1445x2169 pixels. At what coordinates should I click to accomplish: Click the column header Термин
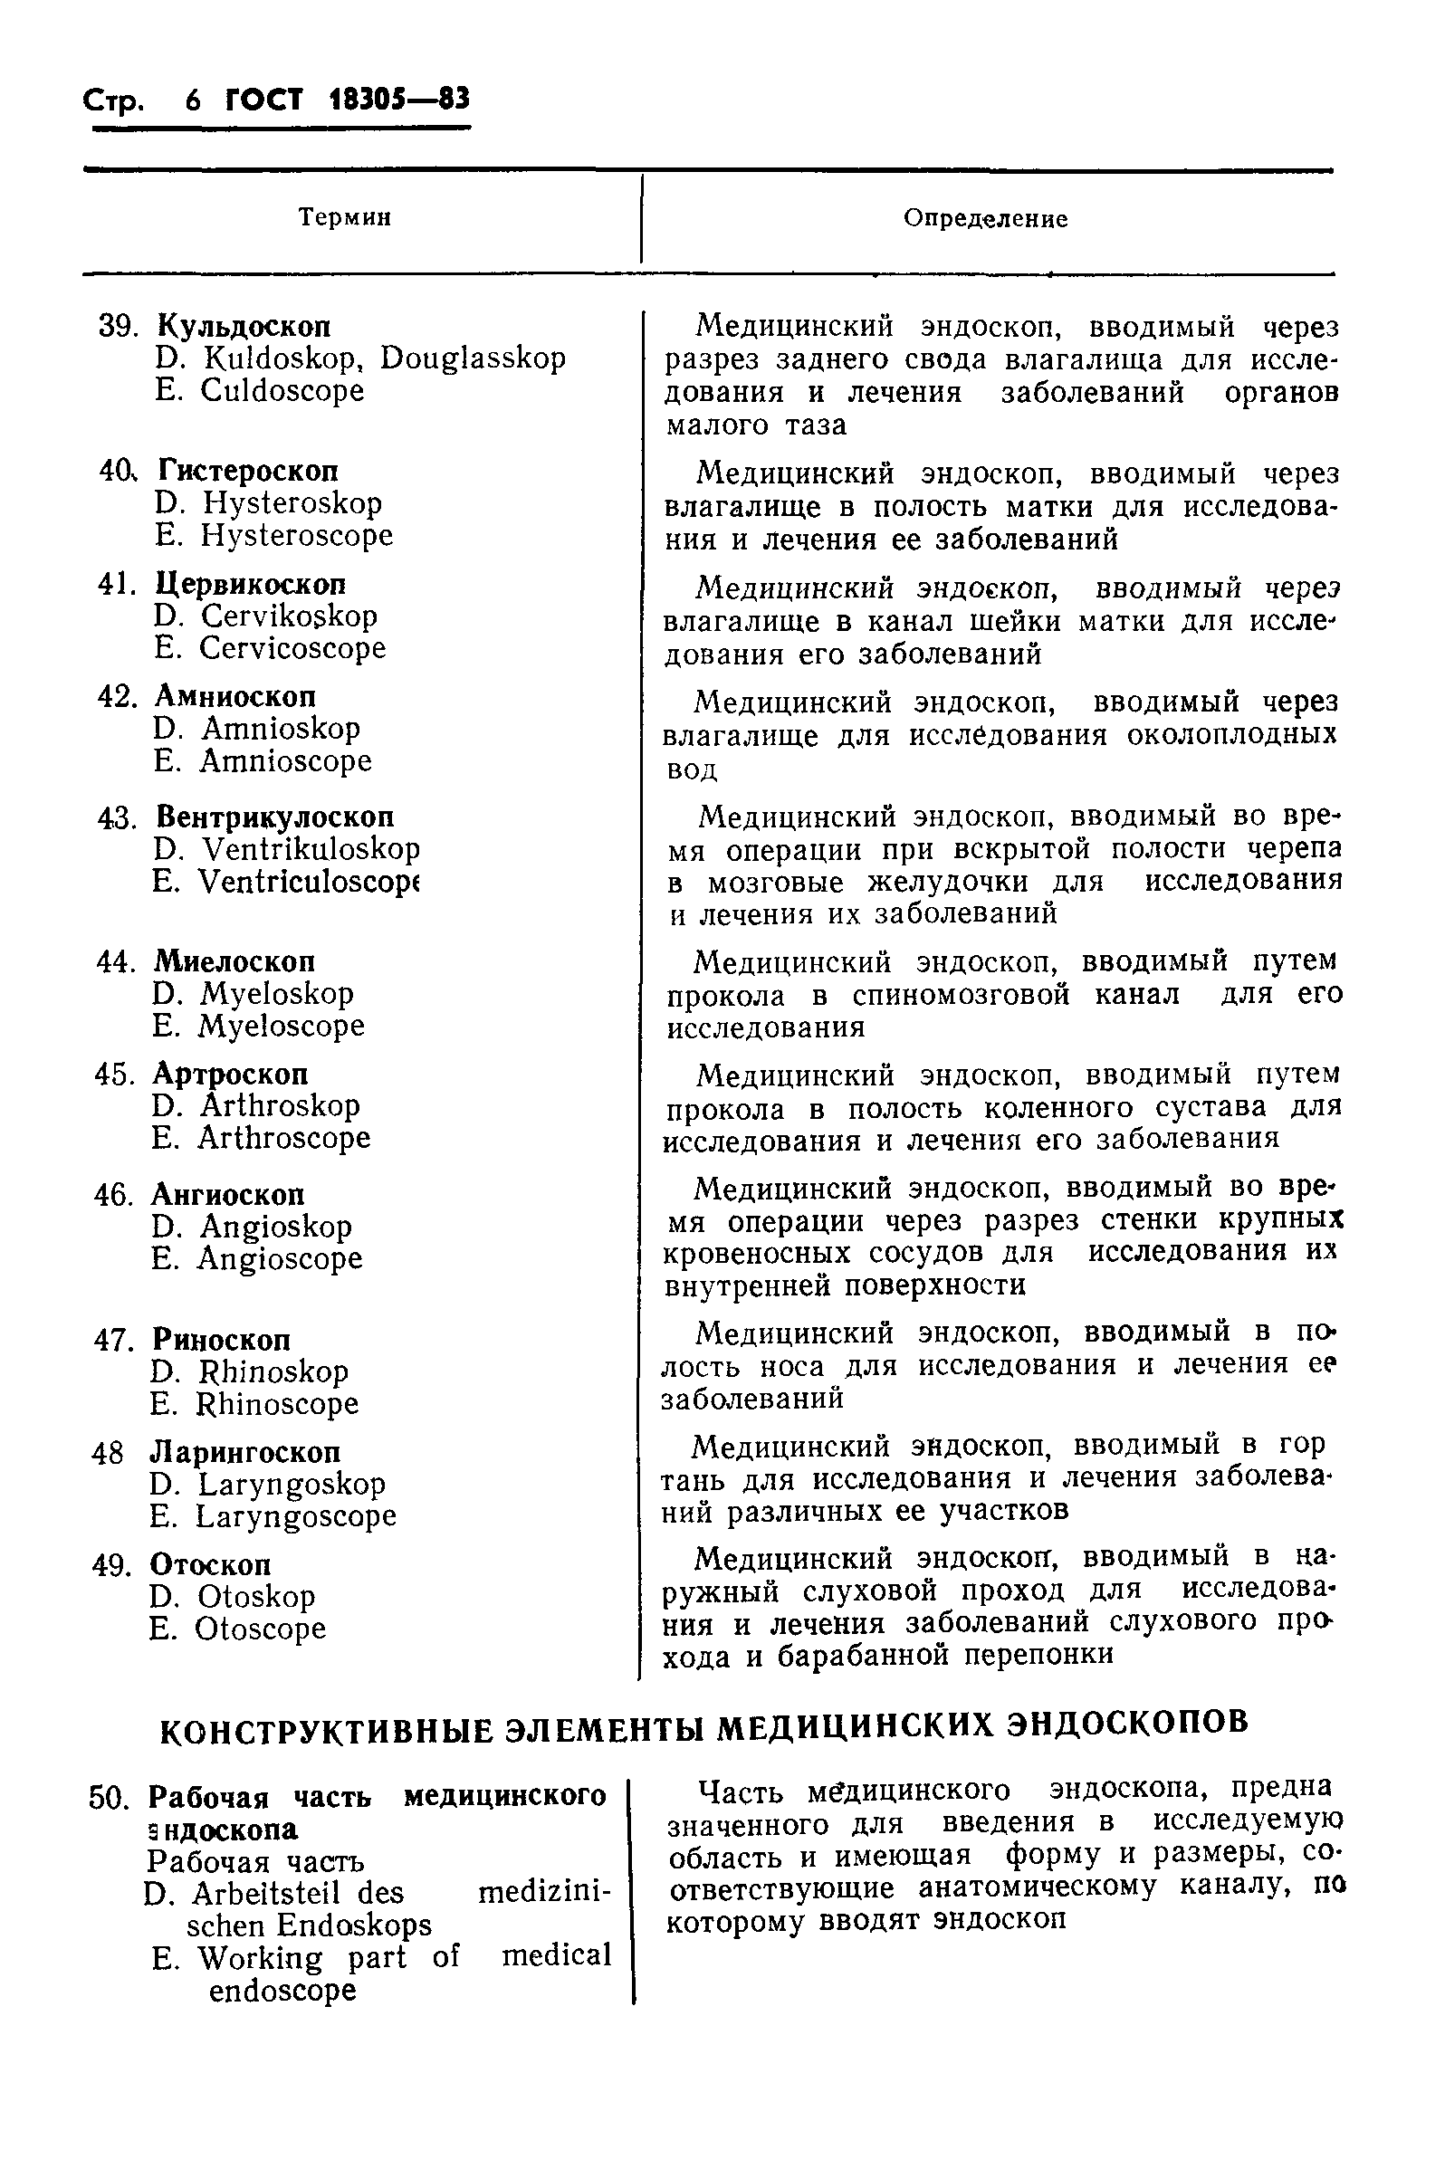tap(345, 217)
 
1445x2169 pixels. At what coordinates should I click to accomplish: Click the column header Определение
tap(984, 218)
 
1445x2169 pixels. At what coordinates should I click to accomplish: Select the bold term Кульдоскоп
tap(244, 325)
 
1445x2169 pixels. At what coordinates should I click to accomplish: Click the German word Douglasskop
tap(473, 358)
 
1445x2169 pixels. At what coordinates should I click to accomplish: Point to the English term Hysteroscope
tap(297, 535)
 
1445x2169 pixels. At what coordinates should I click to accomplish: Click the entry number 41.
tap(116, 584)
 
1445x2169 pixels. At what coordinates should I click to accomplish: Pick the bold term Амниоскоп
tap(235, 695)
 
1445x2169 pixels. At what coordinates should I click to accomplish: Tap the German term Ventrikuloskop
tap(311, 848)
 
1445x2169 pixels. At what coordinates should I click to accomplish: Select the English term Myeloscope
tap(281, 1026)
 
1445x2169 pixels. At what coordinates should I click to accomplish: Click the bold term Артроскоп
tap(230, 1075)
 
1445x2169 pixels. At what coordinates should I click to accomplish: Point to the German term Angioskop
tap(275, 1227)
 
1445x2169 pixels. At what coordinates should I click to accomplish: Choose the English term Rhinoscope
tap(276, 1403)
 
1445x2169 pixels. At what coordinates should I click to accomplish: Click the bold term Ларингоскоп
tap(245, 1452)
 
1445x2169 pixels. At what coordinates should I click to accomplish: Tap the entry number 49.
tap(111, 1564)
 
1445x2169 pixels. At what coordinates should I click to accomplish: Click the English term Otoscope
tap(260, 1629)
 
